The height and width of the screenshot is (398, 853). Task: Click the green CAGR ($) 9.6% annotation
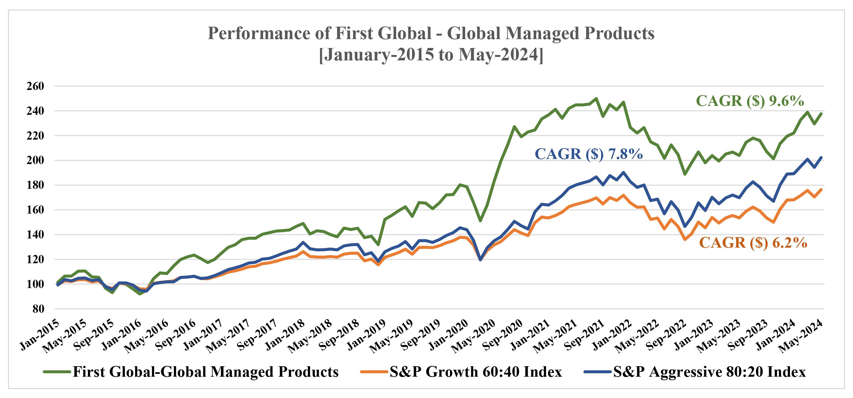(x=750, y=101)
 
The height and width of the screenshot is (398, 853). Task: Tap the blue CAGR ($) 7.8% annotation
(x=589, y=154)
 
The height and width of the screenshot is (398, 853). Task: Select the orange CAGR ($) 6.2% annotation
(x=753, y=243)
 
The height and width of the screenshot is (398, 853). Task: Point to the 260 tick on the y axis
(x=35, y=86)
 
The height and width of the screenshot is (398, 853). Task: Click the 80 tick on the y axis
(x=38, y=309)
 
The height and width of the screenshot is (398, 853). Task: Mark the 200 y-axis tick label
(x=35, y=161)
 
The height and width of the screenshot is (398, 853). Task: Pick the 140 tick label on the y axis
(x=35, y=235)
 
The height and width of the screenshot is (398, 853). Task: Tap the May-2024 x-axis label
(x=805, y=335)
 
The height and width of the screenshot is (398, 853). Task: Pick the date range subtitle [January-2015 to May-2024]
(x=431, y=55)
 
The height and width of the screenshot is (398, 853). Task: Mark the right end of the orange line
(x=821, y=189)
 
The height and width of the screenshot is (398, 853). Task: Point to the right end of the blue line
(x=821, y=157)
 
